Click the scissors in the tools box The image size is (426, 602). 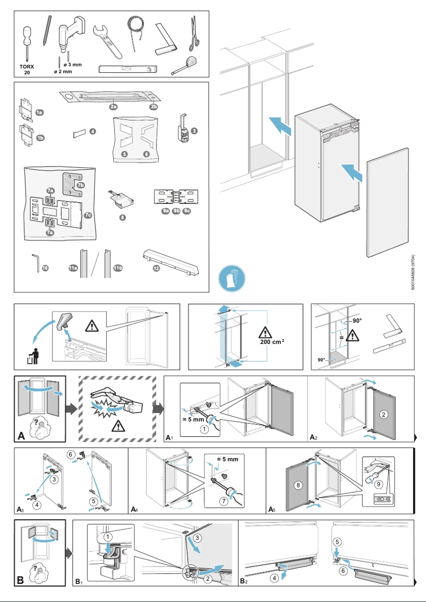195,33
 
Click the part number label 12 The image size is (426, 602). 156,268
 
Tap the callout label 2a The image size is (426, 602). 113,107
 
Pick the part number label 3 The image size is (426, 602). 195,131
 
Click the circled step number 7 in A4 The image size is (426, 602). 224,501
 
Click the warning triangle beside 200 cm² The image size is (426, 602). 264,333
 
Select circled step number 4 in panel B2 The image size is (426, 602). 274,578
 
